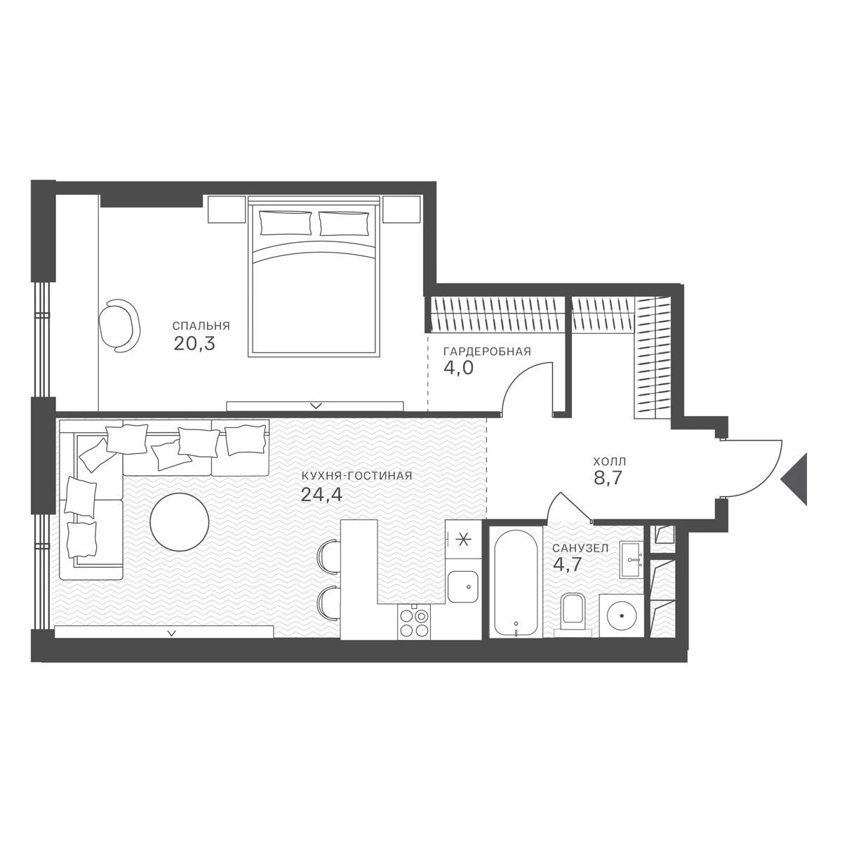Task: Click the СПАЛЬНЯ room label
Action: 201,326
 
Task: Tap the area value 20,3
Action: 194,344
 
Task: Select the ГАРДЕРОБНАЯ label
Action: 487,352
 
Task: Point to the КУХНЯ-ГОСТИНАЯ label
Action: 356,476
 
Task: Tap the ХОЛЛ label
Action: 610,462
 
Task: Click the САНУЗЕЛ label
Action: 580,549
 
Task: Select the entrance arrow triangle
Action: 794,479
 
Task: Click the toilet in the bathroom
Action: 573,613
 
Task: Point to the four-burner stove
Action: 414,623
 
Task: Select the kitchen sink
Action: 463,587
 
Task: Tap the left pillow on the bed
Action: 285,223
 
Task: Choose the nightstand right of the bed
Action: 401,210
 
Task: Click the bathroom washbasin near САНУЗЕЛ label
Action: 631,560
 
